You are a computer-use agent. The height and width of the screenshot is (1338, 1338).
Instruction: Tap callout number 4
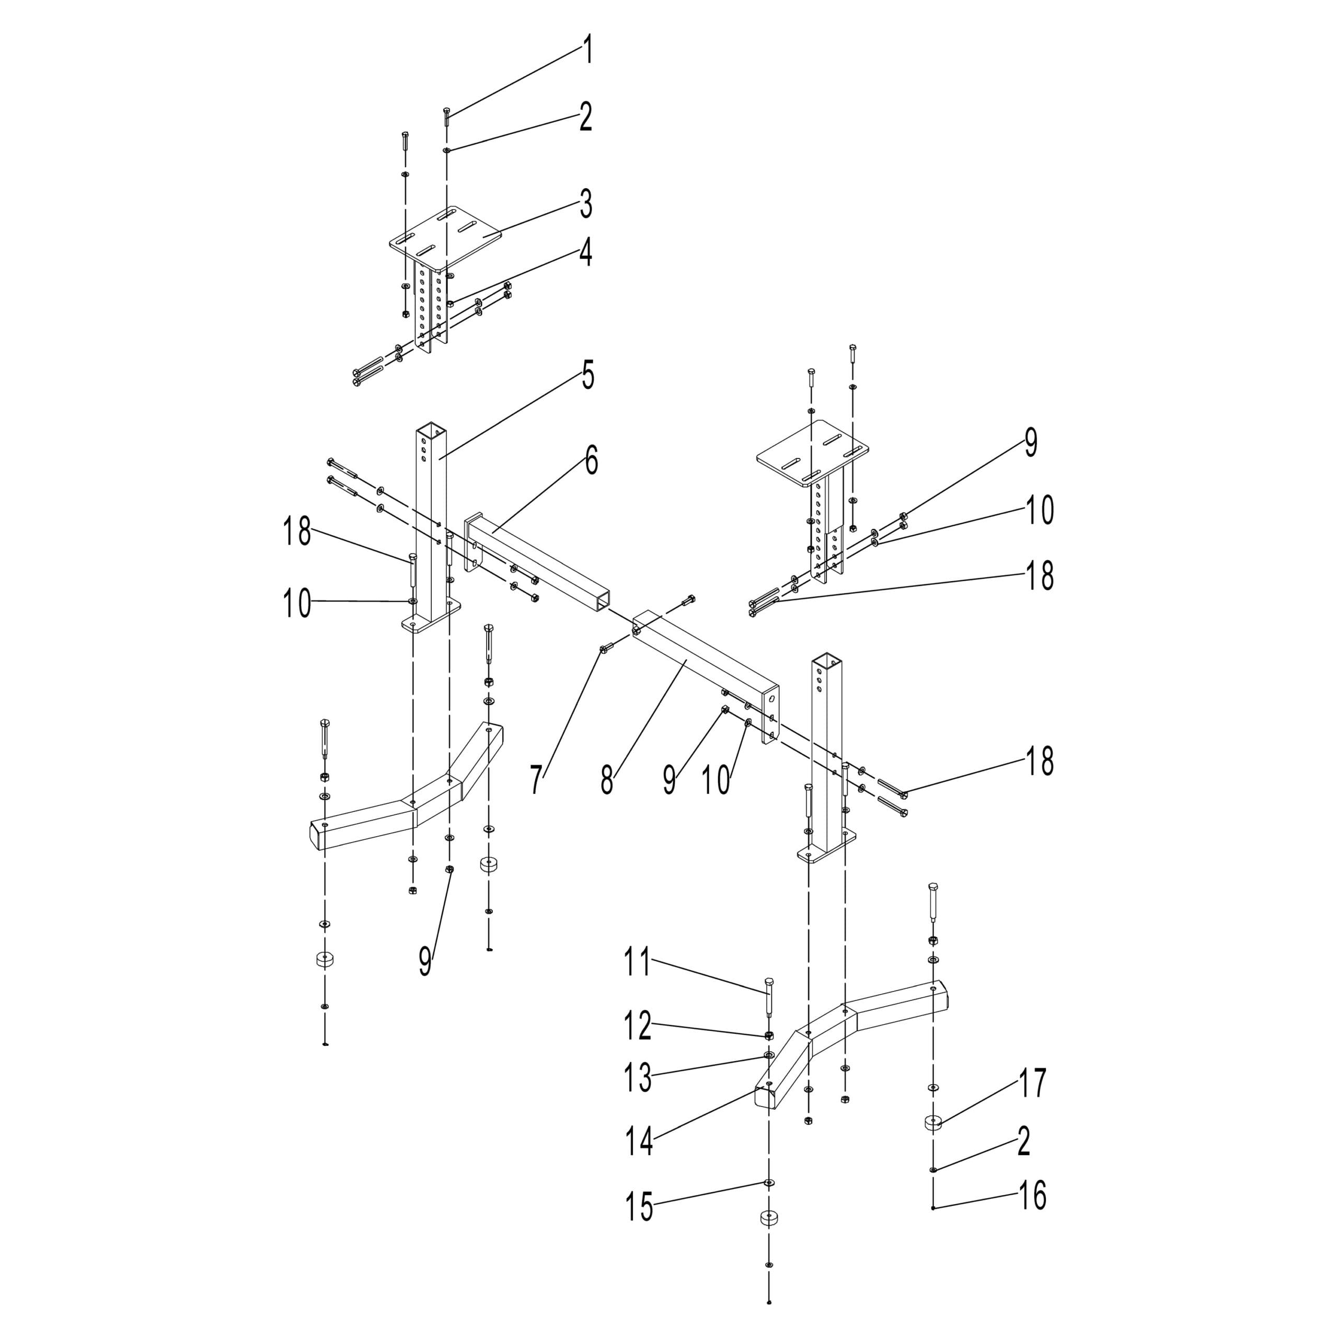pos(586,253)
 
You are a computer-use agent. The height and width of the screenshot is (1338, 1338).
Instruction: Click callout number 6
pos(591,461)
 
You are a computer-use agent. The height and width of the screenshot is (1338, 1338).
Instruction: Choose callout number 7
pos(537,780)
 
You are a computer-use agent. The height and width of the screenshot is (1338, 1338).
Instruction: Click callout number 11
pos(637,963)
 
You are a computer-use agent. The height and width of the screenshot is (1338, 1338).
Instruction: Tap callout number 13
pos(637,1078)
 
